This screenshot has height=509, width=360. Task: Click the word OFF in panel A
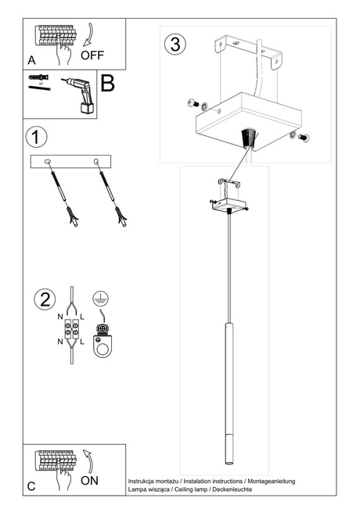[92, 56]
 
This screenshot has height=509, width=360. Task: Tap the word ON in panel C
[89, 480]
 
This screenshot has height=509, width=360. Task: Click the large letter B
[108, 84]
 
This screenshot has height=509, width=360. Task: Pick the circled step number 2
[45, 299]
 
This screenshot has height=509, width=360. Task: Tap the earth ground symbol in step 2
[99, 297]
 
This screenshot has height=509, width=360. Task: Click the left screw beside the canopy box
[194, 103]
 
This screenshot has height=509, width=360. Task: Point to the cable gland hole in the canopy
[249, 135]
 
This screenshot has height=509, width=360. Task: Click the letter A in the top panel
[31, 59]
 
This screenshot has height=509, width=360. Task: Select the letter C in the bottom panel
[31, 486]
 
